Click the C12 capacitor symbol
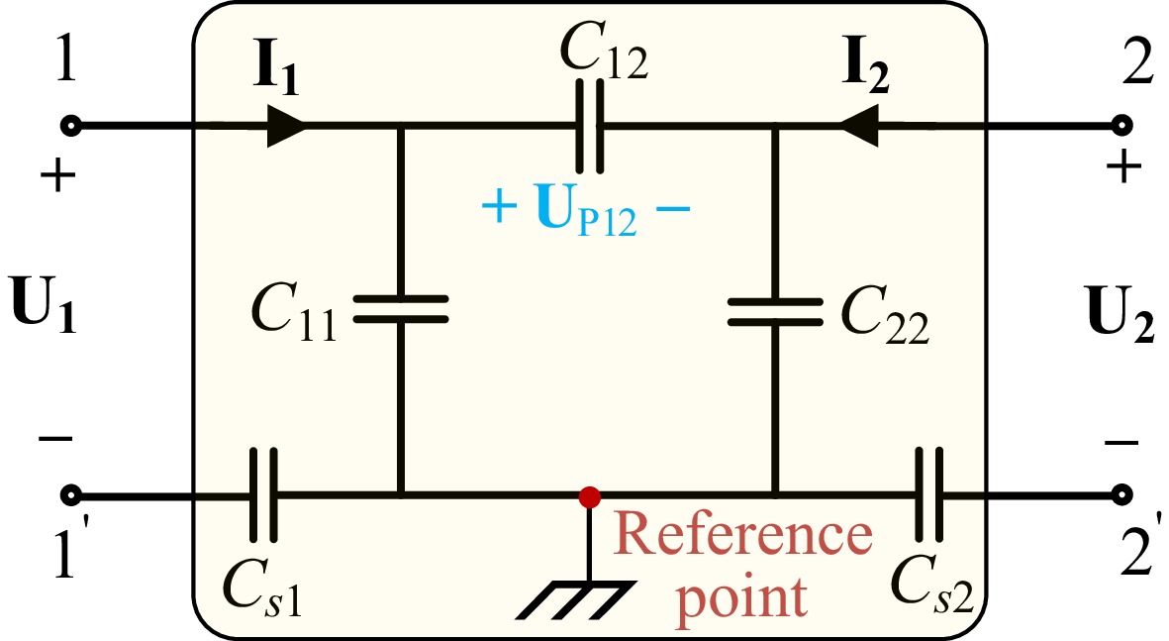pos(590,127)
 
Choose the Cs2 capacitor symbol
pos(929,493)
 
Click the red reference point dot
pos(590,494)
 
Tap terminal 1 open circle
pos(70,126)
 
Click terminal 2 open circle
pos(1121,126)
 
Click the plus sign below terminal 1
pos(58,177)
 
